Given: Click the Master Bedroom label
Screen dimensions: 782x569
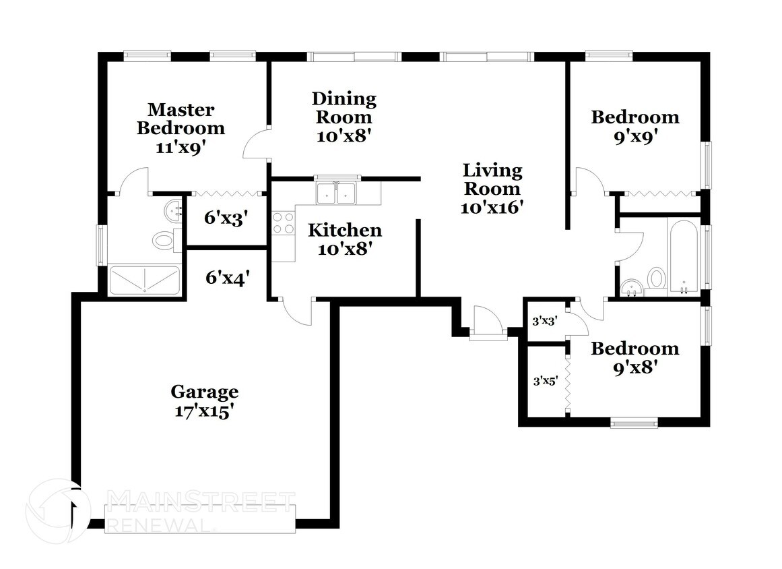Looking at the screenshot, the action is pos(181,119).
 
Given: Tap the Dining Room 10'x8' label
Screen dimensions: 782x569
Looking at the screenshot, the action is pos(344,117).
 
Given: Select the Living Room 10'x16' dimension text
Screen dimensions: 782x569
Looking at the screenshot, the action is pos(492,207).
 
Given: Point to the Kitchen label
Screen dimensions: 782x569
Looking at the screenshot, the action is pos(345,230).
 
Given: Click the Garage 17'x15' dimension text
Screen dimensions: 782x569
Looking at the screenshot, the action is pos(205,412).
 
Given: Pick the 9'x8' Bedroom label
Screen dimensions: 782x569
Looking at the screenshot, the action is pos(635,357).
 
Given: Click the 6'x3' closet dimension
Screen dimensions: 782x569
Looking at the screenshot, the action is pos(226,218).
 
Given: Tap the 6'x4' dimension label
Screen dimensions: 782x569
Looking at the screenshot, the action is pos(228,277).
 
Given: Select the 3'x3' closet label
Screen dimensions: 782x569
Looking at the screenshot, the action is pos(545,321).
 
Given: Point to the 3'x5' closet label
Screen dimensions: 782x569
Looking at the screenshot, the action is pos(546,381).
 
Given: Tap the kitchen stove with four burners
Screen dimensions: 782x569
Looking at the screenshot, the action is pos(284,223).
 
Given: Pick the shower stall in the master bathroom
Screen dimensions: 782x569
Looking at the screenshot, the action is pos(145,280).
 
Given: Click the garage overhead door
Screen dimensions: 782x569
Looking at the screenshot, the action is pos(200,519).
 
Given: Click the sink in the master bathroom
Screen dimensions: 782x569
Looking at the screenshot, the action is pos(174,210).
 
